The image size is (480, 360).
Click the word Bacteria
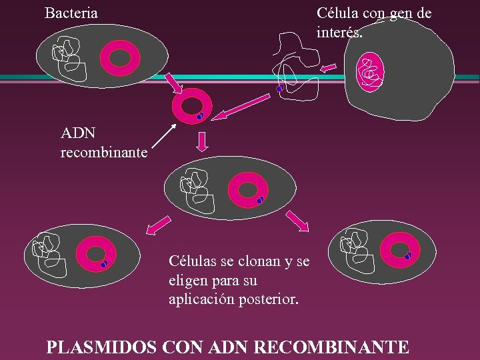click(71, 13)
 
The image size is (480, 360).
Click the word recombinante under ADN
click(104, 153)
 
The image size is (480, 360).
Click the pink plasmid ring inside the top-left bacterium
click(121, 58)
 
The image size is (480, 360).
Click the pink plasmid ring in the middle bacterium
click(247, 189)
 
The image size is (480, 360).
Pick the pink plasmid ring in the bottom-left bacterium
click(96, 255)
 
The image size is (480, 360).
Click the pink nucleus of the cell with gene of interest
click(370, 72)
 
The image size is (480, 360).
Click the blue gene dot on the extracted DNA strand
click(280, 89)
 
